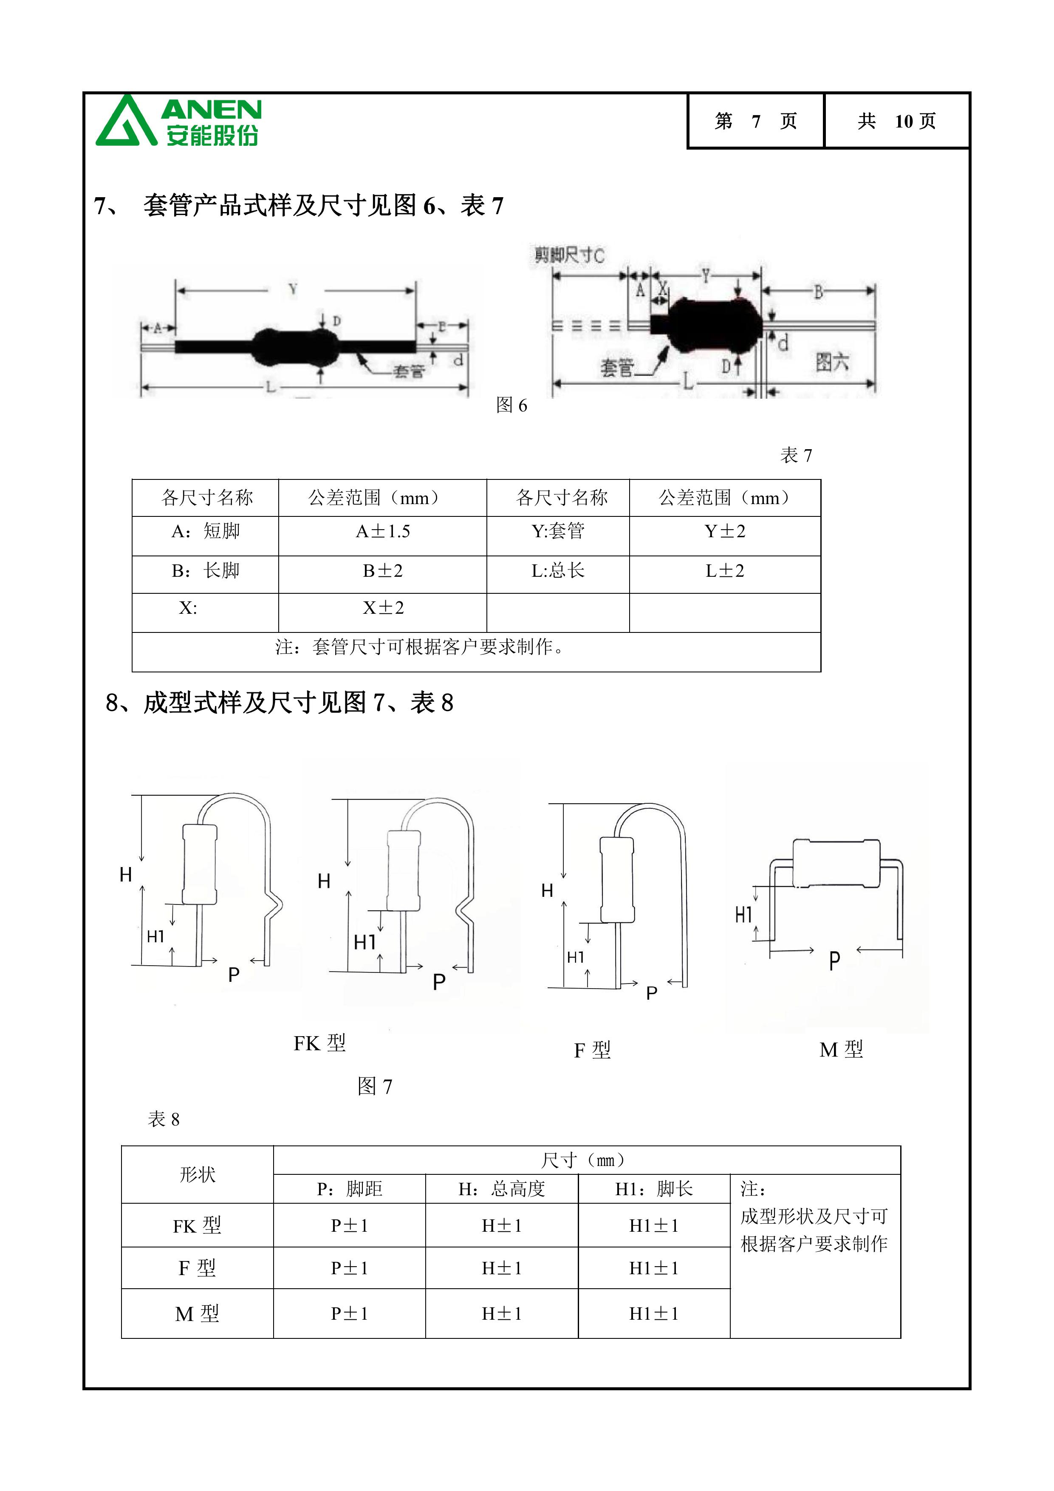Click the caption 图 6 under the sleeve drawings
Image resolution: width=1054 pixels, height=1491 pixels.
[x=511, y=405]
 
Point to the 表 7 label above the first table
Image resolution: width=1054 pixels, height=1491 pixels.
[x=796, y=455]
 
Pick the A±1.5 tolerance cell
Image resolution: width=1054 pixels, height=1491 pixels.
[x=382, y=532]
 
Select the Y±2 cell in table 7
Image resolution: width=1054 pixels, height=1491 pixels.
[x=725, y=531]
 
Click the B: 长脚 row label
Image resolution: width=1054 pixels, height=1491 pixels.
[x=205, y=571]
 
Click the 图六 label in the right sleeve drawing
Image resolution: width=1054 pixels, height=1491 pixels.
[x=832, y=362]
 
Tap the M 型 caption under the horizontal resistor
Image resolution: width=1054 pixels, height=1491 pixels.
[x=841, y=1049]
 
